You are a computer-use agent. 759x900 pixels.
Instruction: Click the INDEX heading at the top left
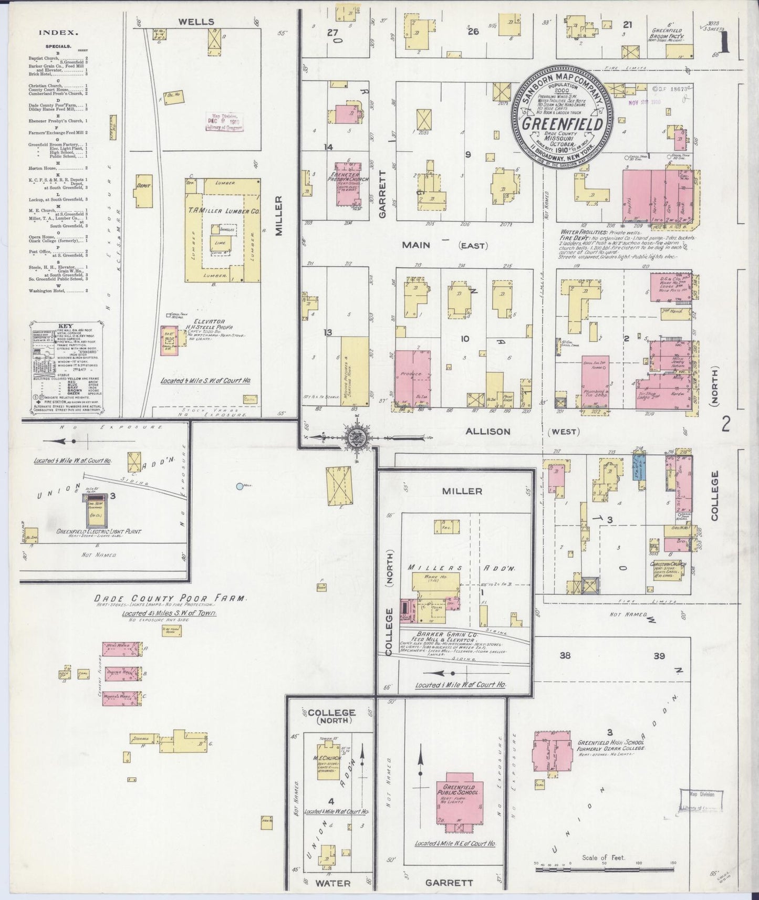coord(58,32)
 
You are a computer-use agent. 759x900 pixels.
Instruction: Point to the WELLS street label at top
coord(195,22)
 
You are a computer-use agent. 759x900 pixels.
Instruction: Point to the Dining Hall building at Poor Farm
coord(121,673)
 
